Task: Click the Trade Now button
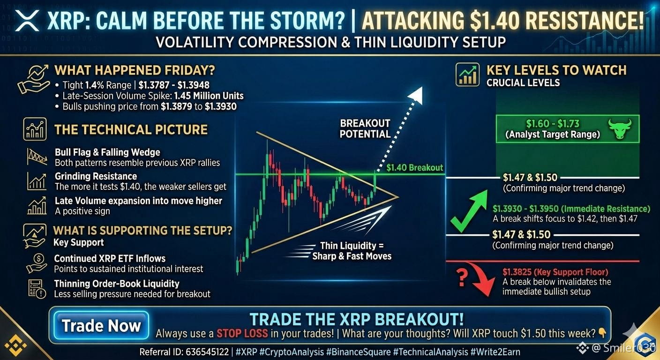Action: pyautogui.click(x=101, y=325)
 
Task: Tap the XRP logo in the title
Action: pyautogui.click(x=27, y=20)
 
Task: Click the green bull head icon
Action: pyautogui.click(x=620, y=128)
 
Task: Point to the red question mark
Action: pyautogui.click(x=462, y=277)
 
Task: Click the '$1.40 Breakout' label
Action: pyautogui.click(x=414, y=168)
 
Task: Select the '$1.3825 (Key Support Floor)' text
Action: pyautogui.click(x=555, y=272)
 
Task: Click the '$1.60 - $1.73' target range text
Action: pyautogui.click(x=553, y=123)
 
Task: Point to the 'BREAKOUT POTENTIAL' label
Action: pyautogui.click(x=365, y=128)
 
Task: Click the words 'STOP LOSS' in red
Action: pyautogui.click(x=242, y=333)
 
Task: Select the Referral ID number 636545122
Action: pyautogui.click(x=208, y=352)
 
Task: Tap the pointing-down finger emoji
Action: pyautogui.click(x=602, y=333)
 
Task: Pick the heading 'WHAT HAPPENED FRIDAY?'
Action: pyautogui.click(x=135, y=70)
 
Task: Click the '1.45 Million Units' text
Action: pyautogui.click(x=209, y=96)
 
